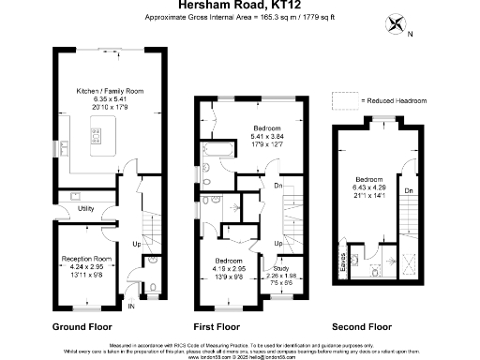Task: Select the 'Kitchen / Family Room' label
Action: pos(110,91)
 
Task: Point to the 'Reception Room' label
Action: pos(86,258)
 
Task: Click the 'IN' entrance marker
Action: pos(131,306)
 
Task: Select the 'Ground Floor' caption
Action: pos(82,327)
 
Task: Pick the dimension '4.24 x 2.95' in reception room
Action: pos(86,265)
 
